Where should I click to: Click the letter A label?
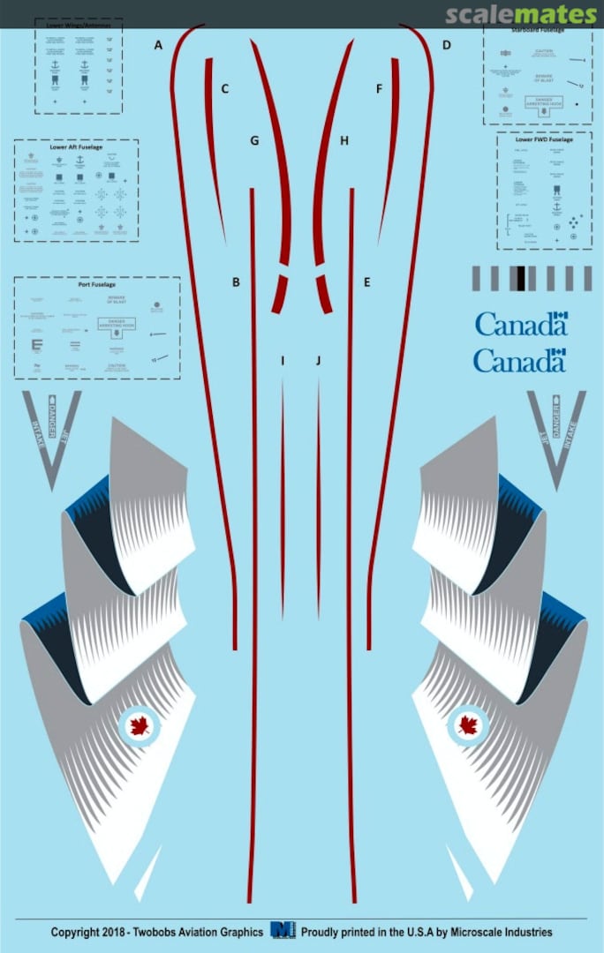point(159,45)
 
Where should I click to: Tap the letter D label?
point(447,45)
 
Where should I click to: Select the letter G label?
point(254,140)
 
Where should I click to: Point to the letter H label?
point(344,140)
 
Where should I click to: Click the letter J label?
point(319,361)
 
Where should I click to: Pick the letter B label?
point(236,282)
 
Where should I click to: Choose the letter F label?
point(380,89)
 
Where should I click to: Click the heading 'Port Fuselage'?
point(97,286)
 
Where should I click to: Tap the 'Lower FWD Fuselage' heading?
point(544,139)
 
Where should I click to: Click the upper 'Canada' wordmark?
point(520,324)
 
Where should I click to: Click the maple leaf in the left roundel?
point(138,726)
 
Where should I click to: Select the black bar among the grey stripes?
point(521,278)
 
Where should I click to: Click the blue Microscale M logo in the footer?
point(283,930)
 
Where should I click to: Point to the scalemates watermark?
point(521,15)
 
